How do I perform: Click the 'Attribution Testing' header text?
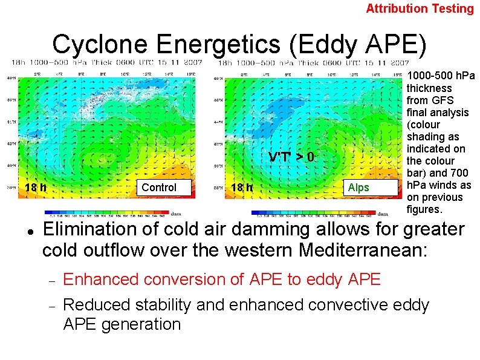420,8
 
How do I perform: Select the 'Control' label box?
159,188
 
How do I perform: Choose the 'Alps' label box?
358,188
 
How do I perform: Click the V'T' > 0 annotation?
291,157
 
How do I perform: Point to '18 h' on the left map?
36,188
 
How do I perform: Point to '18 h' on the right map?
242,188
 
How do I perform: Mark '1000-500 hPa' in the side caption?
442,76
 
